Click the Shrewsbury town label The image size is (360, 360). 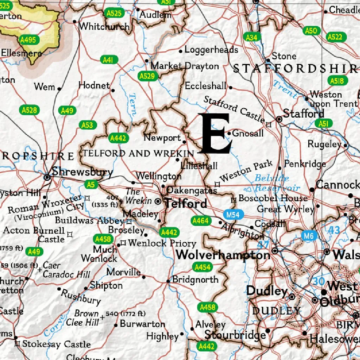point(82,172)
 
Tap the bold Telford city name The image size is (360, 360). point(186,203)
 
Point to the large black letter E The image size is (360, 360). point(214,134)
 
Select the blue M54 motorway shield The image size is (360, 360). point(233,214)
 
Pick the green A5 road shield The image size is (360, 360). point(91,184)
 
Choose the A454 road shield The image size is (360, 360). point(202,267)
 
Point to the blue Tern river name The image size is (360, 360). point(133,104)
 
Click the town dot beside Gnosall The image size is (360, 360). point(229,134)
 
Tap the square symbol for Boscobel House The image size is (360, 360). point(233,200)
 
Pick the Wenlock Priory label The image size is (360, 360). point(162,243)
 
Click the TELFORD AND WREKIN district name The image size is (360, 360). point(138,153)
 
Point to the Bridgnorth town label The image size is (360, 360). point(195,280)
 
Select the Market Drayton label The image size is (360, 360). point(185,66)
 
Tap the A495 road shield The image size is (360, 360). point(28,40)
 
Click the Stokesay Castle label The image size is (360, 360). point(56,344)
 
